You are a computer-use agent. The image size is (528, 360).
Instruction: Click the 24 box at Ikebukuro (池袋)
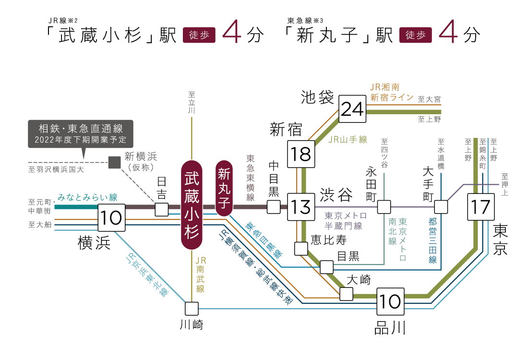click(353, 109)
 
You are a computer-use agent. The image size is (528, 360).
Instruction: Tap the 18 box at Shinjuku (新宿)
click(301, 154)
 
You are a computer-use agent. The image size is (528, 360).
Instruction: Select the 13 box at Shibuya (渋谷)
click(301, 207)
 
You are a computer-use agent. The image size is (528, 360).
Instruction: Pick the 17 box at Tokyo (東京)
click(480, 207)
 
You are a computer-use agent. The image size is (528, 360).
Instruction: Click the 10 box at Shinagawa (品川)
click(390, 301)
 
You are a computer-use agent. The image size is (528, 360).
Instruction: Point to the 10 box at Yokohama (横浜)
click(111, 217)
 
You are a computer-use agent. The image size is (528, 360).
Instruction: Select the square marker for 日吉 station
click(162, 210)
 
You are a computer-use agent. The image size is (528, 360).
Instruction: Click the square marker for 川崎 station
click(192, 308)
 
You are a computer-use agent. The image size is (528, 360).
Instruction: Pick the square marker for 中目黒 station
click(274, 207)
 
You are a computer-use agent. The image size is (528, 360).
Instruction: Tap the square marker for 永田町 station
click(384, 207)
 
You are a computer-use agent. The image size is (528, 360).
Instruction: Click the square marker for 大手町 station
click(441, 207)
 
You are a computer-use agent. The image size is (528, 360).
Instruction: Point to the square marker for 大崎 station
click(346, 294)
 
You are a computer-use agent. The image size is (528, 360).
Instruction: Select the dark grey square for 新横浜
click(115, 162)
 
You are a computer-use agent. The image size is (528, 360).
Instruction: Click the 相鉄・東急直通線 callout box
click(80, 134)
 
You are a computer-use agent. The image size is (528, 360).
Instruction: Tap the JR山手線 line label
click(348, 140)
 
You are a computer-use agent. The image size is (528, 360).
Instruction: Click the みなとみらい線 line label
click(87, 197)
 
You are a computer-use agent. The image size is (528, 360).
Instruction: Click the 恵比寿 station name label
click(328, 239)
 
